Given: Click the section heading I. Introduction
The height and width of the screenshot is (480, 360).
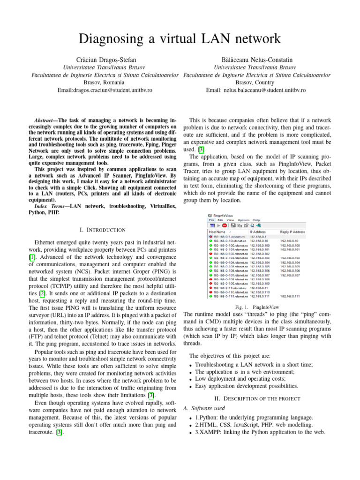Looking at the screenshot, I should (x=103, y=230).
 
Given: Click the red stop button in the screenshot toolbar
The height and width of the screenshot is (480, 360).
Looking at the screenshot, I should (x=225, y=225).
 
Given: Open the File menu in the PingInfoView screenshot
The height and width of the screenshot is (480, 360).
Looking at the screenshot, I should (x=211, y=219).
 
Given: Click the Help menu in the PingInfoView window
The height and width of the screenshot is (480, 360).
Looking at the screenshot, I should (x=256, y=219).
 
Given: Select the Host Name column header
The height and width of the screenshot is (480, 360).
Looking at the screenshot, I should (x=217, y=232).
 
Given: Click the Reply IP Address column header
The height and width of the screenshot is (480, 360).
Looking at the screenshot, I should (x=292, y=232).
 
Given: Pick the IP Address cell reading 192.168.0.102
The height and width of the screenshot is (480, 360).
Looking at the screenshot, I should (x=260, y=254).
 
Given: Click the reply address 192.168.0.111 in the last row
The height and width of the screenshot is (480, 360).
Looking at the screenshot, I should (x=290, y=310).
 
